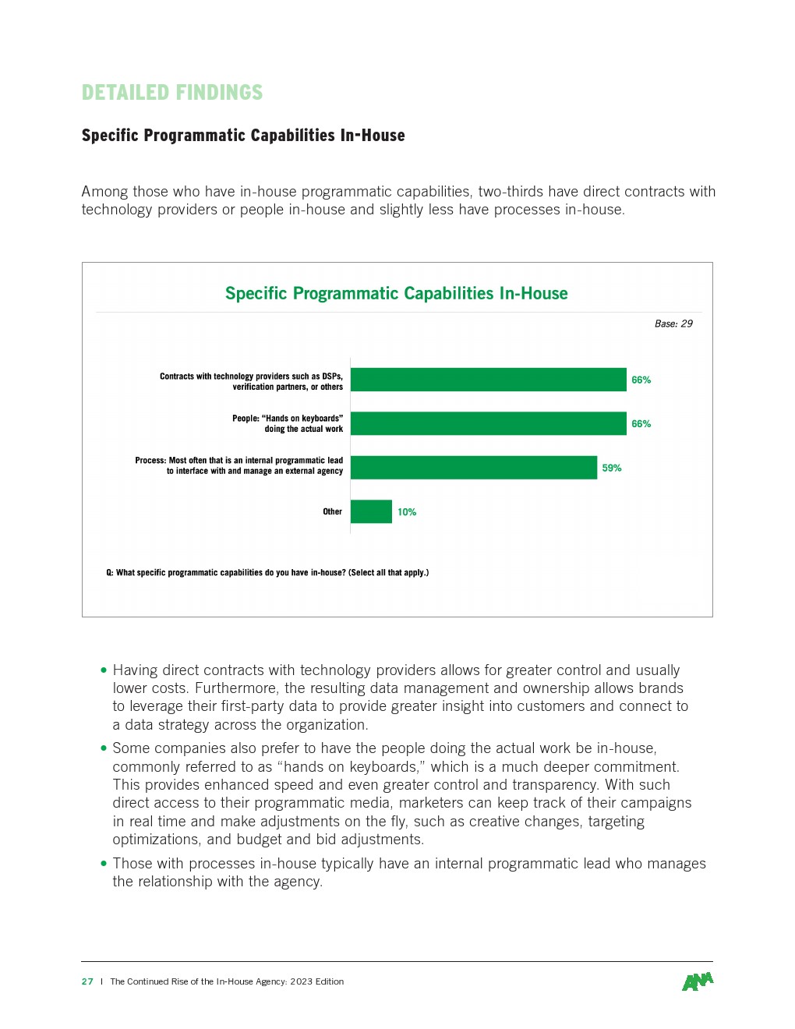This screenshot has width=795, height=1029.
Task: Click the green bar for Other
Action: (x=371, y=511)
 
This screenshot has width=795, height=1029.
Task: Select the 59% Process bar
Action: (x=474, y=468)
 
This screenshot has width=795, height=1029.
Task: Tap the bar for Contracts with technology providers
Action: (x=489, y=380)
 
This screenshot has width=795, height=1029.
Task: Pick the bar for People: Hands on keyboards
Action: (x=489, y=423)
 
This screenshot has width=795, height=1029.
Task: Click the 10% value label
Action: (x=407, y=512)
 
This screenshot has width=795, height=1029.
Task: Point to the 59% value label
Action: (x=612, y=468)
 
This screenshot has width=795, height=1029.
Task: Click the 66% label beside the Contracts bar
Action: (x=641, y=380)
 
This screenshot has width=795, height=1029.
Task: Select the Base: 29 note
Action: (x=673, y=324)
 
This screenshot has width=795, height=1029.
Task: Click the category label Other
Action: (x=333, y=511)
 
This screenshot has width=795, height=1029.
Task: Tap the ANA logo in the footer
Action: (x=698, y=981)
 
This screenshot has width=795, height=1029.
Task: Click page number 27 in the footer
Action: (x=87, y=981)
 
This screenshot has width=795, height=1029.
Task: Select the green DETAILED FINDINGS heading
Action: (x=172, y=93)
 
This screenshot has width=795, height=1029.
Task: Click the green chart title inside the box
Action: (x=396, y=293)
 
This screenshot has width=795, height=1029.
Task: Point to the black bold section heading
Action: (x=243, y=136)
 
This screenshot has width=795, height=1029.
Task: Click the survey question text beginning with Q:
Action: (x=267, y=572)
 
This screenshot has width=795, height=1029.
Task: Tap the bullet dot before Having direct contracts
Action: (x=104, y=670)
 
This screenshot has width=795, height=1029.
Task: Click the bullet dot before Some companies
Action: (x=104, y=748)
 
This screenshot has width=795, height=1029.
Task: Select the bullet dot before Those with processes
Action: (x=104, y=863)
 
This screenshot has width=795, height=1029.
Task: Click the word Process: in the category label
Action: (x=150, y=460)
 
